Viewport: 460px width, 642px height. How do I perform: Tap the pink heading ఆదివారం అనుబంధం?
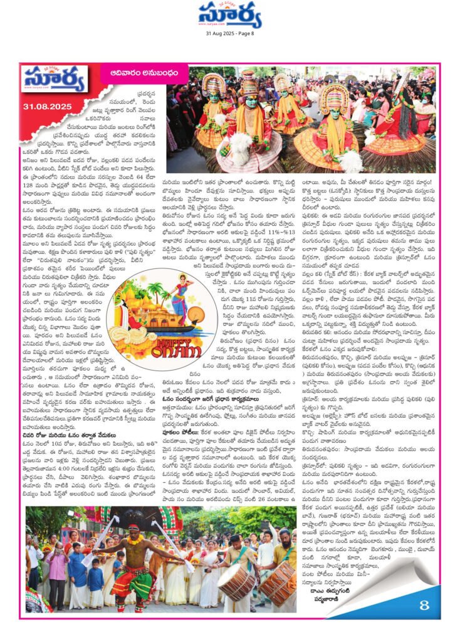(x=127, y=73)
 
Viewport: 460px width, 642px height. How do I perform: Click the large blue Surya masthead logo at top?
(x=230, y=15)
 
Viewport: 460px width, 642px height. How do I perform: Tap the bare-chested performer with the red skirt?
(x=127, y=554)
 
